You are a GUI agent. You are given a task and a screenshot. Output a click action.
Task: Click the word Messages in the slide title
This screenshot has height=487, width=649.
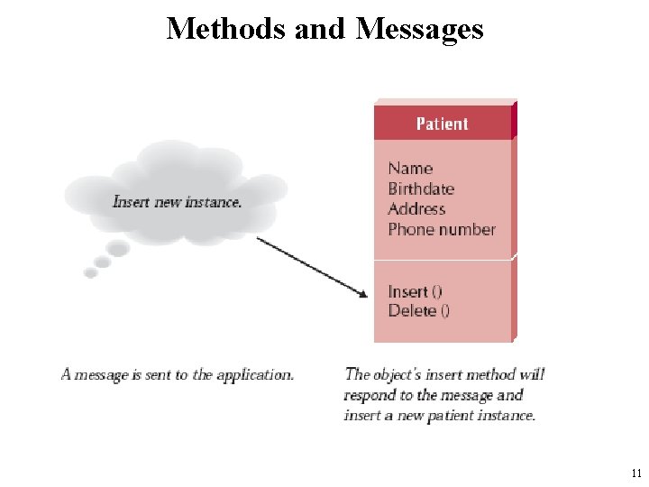click(x=421, y=29)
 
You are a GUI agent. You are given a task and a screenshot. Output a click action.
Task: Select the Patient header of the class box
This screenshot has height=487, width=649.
click(x=442, y=124)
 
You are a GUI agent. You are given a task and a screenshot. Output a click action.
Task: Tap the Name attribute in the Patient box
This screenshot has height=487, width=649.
click(x=410, y=168)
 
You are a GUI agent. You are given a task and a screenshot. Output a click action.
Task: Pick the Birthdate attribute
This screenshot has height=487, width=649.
click(x=421, y=188)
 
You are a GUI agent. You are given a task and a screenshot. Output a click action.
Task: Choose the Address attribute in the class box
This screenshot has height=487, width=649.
click(x=416, y=208)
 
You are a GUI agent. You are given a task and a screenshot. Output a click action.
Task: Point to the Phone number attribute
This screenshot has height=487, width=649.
click(x=442, y=229)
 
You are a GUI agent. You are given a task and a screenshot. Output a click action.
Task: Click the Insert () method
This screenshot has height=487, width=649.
click(x=415, y=290)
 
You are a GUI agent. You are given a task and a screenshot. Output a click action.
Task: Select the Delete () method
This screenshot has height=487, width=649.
click(x=419, y=311)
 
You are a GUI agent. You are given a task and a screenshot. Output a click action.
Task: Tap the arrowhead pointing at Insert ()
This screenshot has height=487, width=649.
click(x=363, y=294)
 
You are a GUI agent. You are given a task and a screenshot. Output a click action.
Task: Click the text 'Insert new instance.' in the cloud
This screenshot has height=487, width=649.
click(x=177, y=201)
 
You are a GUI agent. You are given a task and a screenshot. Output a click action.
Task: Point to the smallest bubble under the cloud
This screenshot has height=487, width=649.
click(x=89, y=271)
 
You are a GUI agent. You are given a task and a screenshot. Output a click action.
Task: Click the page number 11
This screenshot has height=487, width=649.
click(x=636, y=473)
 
